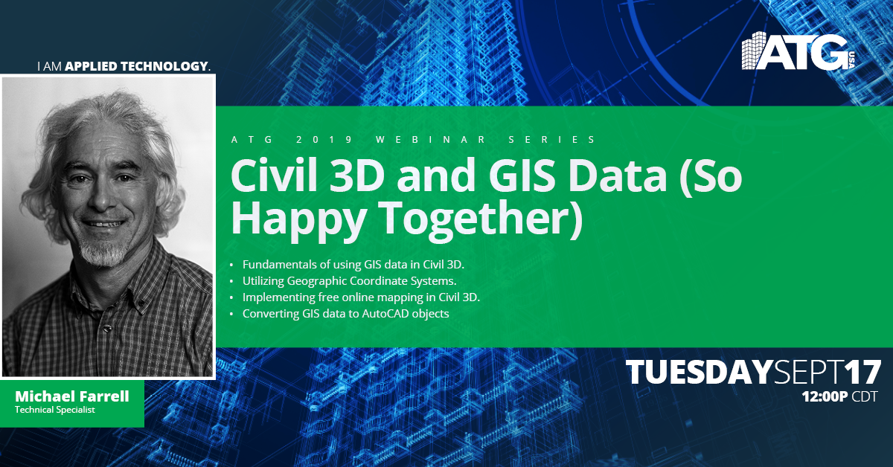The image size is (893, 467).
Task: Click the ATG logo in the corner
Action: click(798, 51)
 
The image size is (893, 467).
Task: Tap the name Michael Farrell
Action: click(72, 396)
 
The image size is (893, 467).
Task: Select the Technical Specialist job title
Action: click(55, 410)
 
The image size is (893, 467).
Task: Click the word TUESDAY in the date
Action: click(700, 372)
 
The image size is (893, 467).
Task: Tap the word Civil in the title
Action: click(274, 175)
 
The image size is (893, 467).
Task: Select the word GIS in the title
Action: click(522, 175)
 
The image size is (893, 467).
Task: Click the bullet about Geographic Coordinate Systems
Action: click(349, 281)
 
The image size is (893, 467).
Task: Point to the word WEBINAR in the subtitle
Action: click(431, 140)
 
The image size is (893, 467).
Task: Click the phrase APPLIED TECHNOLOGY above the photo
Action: click(136, 66)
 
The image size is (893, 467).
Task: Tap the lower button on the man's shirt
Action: click(107, 329)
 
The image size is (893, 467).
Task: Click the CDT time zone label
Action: click(864, 396)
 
